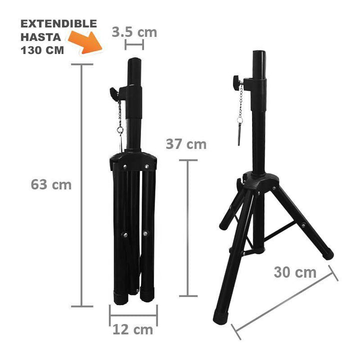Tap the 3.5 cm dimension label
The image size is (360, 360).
134,32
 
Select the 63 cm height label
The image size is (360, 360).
51,184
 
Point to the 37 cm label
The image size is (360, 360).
185,144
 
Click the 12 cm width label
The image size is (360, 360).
132,329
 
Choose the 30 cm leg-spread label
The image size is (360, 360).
295,272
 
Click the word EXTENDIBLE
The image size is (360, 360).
59,24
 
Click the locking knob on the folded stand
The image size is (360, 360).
114,91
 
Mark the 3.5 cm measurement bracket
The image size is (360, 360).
134,45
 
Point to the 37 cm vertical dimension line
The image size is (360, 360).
188,227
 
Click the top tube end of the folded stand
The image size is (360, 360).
134,62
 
